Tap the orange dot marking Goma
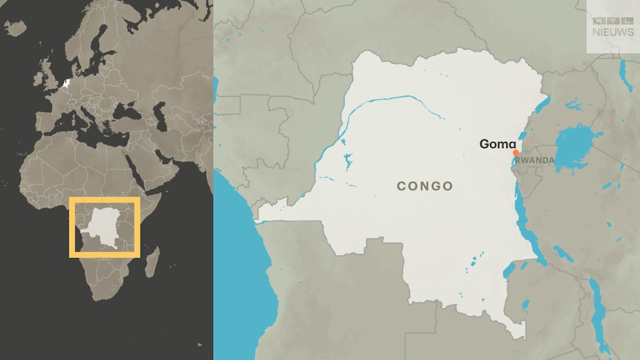coord(516,153)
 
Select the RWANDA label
coord(536,161)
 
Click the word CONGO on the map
coord(425,186)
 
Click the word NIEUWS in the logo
coord(612,32)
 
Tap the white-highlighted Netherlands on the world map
coord(66,83)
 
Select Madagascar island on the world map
coord(152,262)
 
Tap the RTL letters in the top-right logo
coord(612,21)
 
